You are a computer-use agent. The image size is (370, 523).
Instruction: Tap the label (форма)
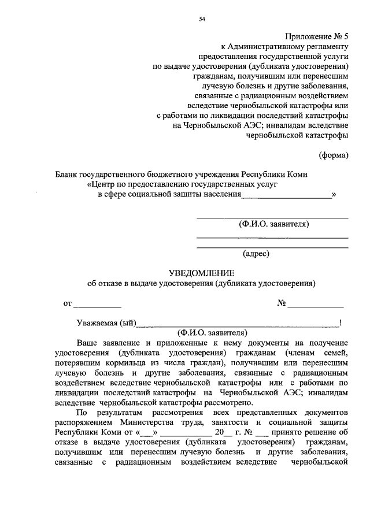[x=334, y=155]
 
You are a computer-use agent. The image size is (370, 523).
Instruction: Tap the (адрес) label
[x=256, y=252]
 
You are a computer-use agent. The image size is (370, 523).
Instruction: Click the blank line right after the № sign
[x=316, y=303]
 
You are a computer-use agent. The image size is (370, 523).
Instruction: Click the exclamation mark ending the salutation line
[x=341, y=322]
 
